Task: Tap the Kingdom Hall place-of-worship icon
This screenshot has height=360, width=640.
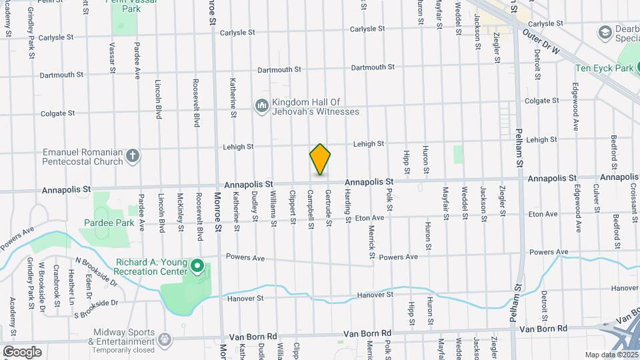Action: click(262, 106)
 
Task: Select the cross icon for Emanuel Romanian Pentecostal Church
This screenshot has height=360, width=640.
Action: click(133, 157)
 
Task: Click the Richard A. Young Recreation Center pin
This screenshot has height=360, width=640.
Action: click(197, 267)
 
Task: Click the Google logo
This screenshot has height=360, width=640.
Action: click(22, 352)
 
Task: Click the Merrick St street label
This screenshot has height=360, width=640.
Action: click(371, 236)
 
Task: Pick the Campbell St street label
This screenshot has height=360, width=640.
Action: click(311, 209)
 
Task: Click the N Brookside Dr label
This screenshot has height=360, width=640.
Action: click(96, 271)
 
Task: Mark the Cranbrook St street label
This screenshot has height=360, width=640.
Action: click(56, 281)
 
